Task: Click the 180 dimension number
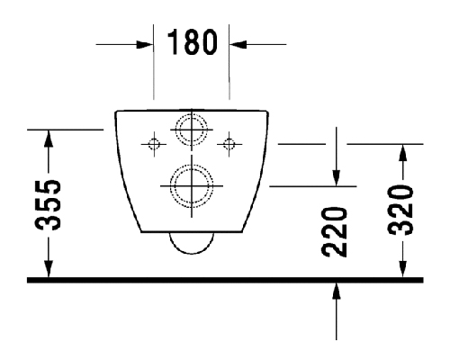click(192, 42)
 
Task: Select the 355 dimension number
click(48, 205)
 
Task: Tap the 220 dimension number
click(334, 232)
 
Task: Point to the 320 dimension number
click(400, 210)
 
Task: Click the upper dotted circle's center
click(192, 130)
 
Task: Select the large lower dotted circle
click(192, 186)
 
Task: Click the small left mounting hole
click(154, 144)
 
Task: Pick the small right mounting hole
click(229, 144)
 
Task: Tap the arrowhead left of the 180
click(145, 45)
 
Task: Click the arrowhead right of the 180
click(238, 45)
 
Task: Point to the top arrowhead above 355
click(49, 139)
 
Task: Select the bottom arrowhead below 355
click(49, 269)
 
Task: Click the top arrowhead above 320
click(403, 153)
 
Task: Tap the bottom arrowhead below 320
click(403, 269)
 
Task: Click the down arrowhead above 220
click(337, 177)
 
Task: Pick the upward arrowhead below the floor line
click(337, 291)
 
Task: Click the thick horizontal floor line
click(225, 280)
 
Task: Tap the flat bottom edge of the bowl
click(192, 231)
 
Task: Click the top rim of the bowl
click(192, 111)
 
